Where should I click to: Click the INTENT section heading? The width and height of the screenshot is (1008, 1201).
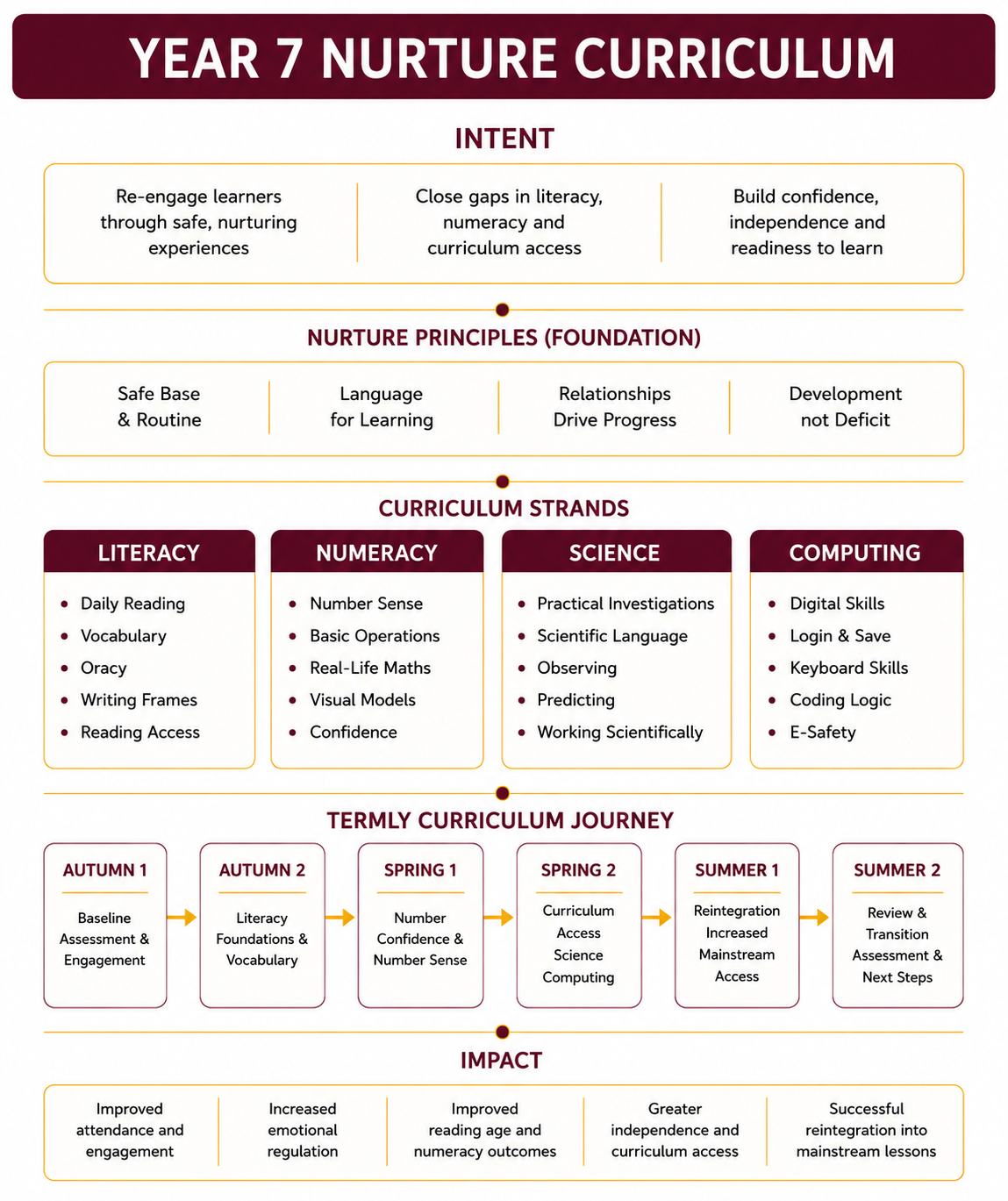pos(504,139)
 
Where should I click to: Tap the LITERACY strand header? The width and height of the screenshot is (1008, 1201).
pos(149,552)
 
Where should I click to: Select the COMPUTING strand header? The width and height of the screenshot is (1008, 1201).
pos(856,552)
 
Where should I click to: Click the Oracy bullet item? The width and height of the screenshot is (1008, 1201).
pos(104,668)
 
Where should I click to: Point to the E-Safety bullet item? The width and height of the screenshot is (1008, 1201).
pos(823,733)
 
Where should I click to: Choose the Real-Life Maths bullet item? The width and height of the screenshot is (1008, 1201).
pos(370,668)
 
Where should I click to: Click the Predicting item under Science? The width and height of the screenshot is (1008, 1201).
pos(575,700)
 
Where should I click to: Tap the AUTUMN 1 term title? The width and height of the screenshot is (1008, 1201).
pos(105,870)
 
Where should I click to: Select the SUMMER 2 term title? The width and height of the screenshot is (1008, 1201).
pos(897,870)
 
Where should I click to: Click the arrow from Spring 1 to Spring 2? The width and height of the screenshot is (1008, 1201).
pos(498,918)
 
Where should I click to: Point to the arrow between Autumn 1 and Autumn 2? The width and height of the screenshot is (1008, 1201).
pos(182,918)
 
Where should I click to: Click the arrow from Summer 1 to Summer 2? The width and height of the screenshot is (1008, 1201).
pos(814,918)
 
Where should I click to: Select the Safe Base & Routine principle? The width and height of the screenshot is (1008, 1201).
pos(160,407)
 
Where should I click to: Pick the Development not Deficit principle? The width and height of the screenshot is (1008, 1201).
pos(845,407)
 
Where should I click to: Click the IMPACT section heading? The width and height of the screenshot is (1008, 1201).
pos(502,1060)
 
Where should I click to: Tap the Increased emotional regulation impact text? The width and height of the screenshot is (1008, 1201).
pos(303,1130)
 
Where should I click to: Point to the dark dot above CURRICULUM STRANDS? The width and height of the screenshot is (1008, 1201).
pos(503,482)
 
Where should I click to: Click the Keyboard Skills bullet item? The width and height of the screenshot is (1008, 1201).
pos(848,668)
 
